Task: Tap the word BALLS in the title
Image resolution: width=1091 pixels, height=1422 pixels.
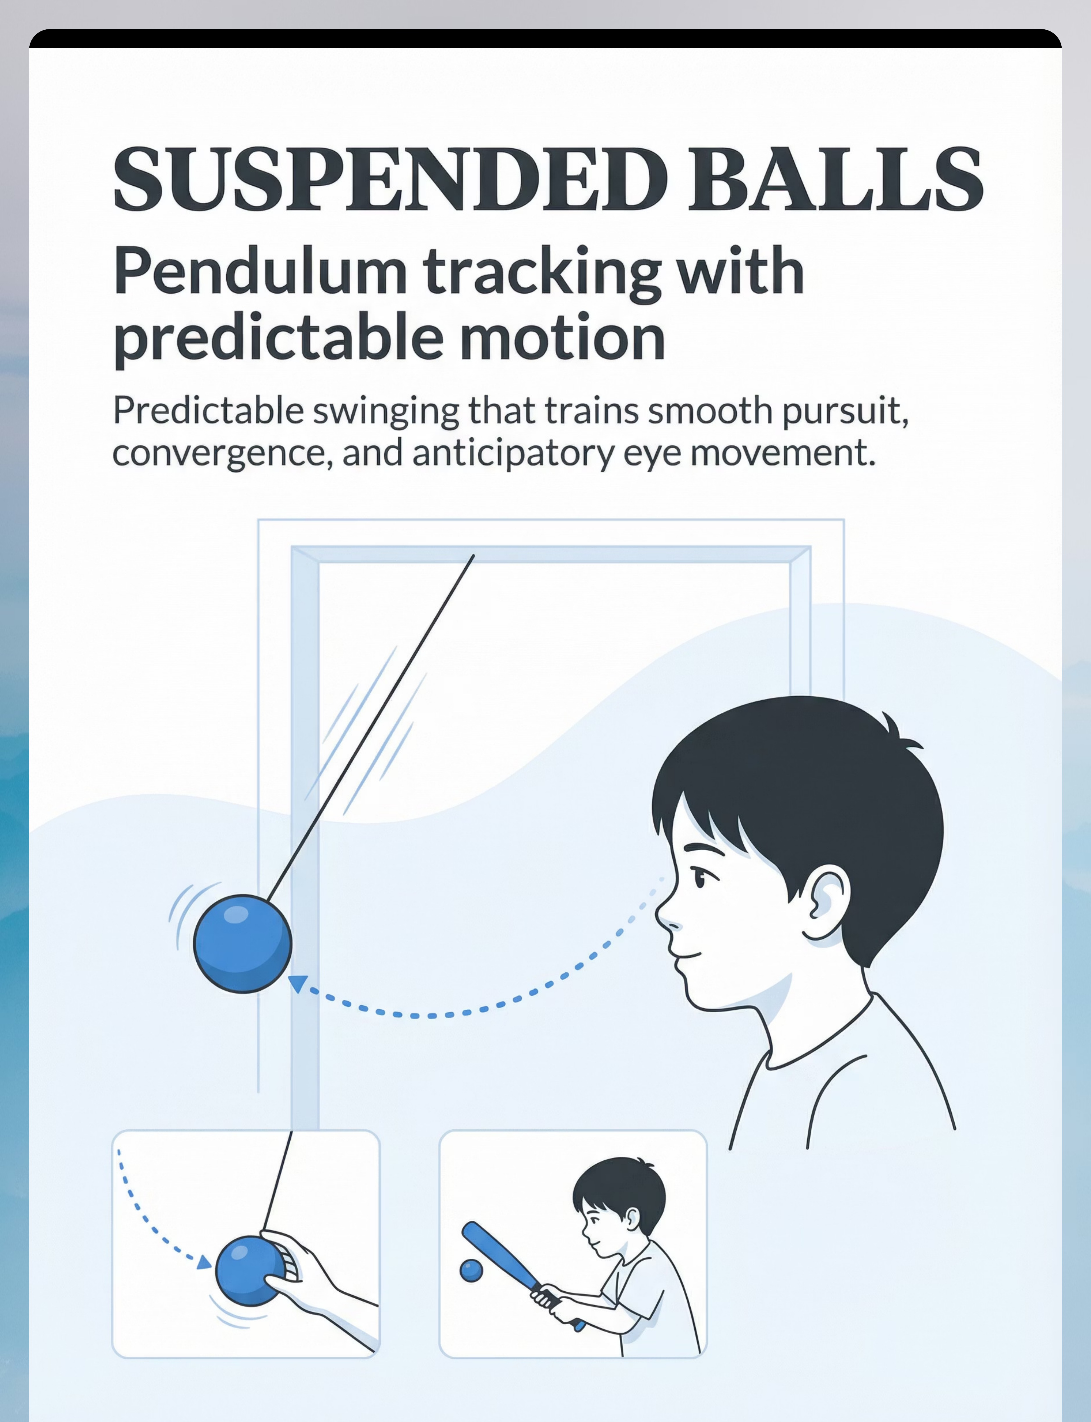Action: click(x=836, y=179)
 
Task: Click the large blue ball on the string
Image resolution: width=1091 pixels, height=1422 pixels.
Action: click(x=243, y=943)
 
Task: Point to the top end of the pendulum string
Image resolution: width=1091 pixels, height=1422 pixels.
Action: click(x=473, y=556)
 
